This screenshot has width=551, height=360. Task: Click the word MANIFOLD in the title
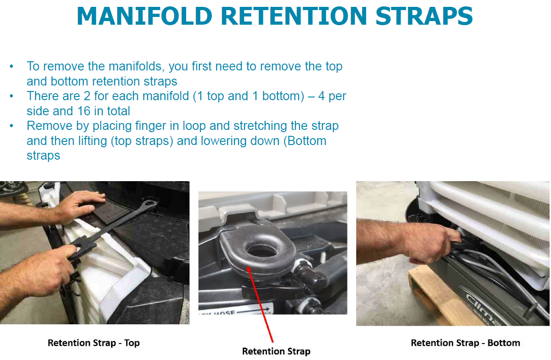coord(144,16)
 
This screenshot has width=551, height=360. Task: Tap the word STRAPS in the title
coord(424,16)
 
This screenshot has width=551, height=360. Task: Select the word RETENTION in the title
coord(294,16)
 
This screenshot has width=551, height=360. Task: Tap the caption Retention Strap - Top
coord(94,343)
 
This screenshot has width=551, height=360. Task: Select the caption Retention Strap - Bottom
coord(465,343)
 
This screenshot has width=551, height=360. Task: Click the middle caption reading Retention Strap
coord(276,351)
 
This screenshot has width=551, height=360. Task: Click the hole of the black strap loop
coord(262,251)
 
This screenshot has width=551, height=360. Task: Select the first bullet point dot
coord(11,66)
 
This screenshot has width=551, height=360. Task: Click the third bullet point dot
coord(11,126)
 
